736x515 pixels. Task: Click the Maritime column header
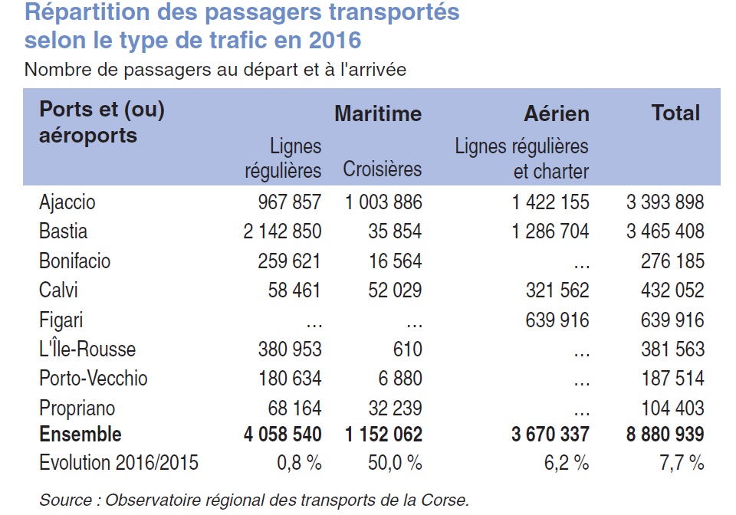tap(378, 114)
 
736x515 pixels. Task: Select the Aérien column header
tap(557, 114)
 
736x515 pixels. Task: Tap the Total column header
tap(675, 113)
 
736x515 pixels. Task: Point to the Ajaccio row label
tap(67, 202)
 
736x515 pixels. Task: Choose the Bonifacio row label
tap(74, 261)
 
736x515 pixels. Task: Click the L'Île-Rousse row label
tap(87, 349)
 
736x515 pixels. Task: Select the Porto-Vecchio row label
tap(93, 379)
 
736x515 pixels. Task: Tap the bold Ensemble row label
tap(80, 434)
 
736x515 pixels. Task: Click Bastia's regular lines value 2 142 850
tap(282, 231)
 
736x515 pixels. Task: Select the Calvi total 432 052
tap(672, 290)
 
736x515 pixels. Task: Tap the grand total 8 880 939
tap(664, 435)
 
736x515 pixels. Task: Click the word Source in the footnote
tap(65, 500)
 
